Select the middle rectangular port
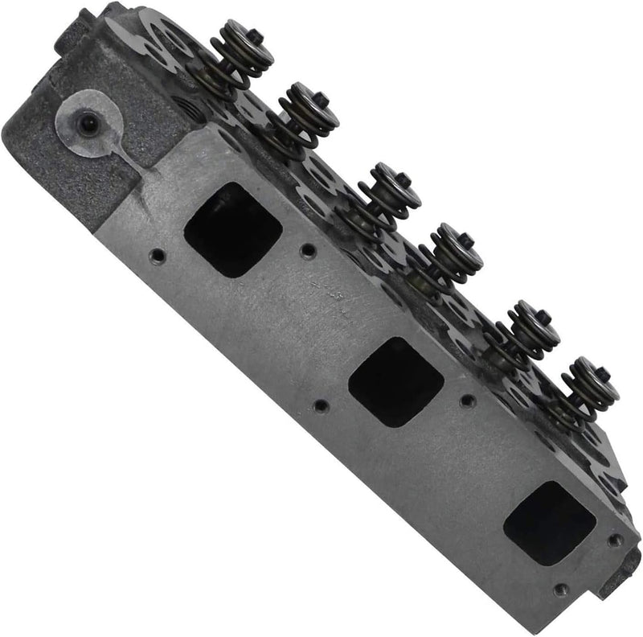395,380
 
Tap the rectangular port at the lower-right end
550,523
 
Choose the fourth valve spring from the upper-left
451,250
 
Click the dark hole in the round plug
89,123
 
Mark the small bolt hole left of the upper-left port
158,257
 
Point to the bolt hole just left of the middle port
320,405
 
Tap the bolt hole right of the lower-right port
615,540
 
